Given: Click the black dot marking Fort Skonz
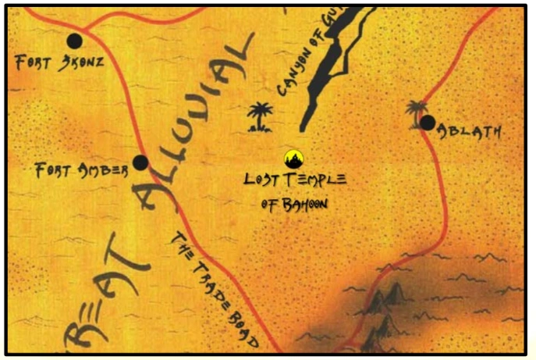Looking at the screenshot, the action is [75, 41].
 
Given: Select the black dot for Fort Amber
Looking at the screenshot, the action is [140, 162].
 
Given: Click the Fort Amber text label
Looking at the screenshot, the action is [80, 170].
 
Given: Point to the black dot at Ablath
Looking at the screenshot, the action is [427, 122].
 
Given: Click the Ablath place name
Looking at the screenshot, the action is [470, 132].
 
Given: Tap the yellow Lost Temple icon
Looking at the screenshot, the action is [293, 159].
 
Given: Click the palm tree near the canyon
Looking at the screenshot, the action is [258, 116].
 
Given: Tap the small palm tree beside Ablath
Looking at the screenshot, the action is [415, 110].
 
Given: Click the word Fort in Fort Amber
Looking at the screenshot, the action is [55, 170].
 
